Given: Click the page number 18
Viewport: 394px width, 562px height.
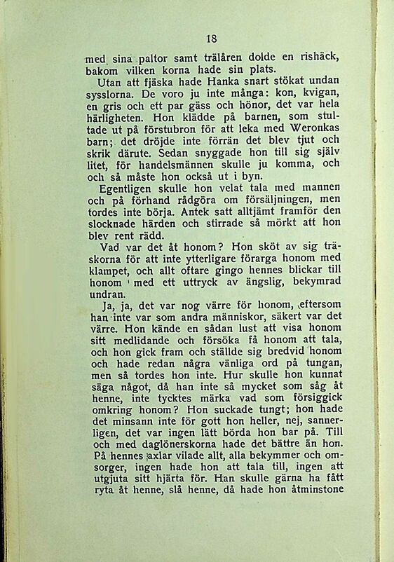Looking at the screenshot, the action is coord(212,39).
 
